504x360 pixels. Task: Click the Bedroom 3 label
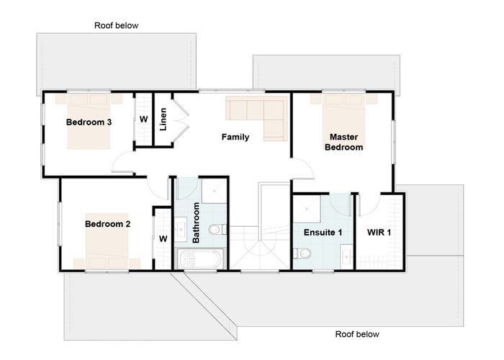click(89, 122)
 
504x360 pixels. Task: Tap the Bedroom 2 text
click(107, 224)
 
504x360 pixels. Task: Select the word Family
click(235, 137)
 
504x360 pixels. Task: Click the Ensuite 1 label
click(323, 233)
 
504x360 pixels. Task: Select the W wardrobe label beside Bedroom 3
click(144, 119)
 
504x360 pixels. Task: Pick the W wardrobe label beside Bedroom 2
click(163, 238)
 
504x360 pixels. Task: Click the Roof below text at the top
click(116, 25)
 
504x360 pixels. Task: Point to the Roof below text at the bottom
click(357, 335)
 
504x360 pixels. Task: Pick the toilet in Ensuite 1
click(304, 253)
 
